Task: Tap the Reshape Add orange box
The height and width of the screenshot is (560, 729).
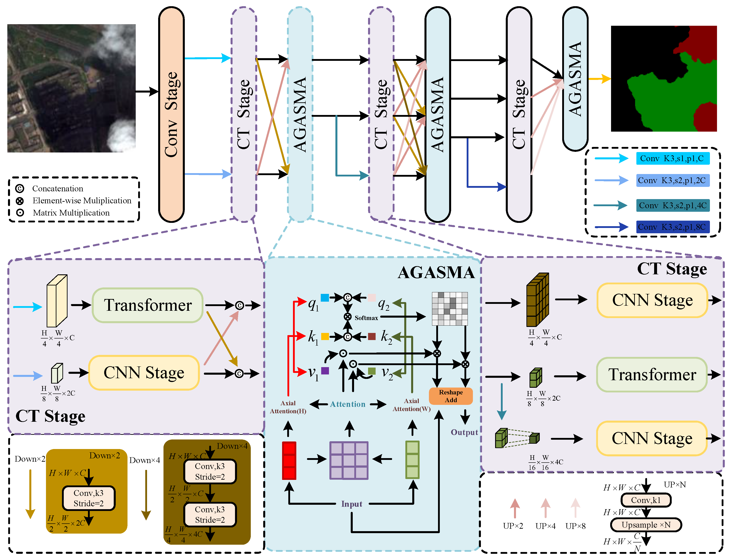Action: tap(450, 396)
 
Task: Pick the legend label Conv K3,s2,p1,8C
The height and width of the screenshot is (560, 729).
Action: tap(672, 227)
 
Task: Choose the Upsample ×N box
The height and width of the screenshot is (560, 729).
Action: tap(646, 525)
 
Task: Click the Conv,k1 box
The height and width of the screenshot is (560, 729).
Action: tap(646, 500)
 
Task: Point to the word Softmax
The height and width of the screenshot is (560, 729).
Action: tap(366, 318)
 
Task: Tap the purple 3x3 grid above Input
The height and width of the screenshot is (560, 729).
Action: tap(349, 460)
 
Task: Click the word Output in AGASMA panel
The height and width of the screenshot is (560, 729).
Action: tap(464, 432)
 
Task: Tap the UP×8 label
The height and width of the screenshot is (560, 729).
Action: tap(575, 526)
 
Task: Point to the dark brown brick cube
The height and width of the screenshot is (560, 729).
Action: tap(537, 300)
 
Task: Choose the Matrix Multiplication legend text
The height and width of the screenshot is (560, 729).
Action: tap(71, 213)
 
